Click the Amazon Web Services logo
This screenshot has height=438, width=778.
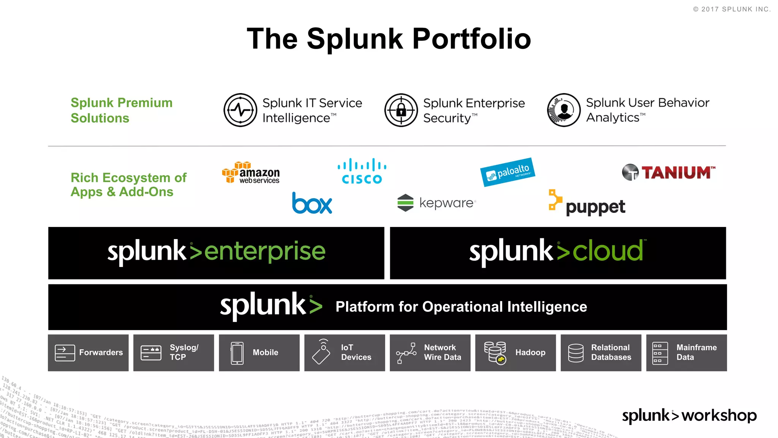[x=251, y=173]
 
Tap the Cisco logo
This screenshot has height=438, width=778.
[x=362, y=171]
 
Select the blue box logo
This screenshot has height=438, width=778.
[x=312, y=203]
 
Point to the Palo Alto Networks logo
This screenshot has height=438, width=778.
[x=508, y=172]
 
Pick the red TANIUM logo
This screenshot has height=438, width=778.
[x=669, y=173]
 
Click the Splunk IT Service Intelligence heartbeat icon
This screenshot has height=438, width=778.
[x=240, y=110]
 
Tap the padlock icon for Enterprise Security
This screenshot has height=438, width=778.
[x=401, y=110]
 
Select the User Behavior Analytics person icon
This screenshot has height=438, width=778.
[x=564, y=110]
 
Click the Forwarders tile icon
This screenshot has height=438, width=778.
[x=65, y=352]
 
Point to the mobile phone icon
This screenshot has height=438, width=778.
[x=237, y=353]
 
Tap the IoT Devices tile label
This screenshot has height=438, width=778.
[x=356, y=352]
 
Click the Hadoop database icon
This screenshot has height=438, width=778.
[x=495, y=352]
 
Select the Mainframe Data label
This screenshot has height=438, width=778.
[x=696, y=352]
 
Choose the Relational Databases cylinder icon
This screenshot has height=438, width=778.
[x=576, y=353]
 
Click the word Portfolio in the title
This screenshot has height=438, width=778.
[x=471, y=39]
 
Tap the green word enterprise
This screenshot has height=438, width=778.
[x=265, y=252]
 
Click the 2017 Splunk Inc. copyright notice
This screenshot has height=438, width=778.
[x=732, y=9]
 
